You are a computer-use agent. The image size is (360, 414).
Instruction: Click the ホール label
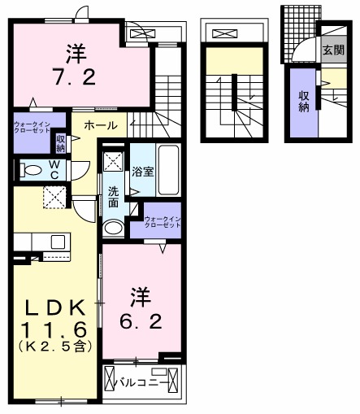click(x=100, y=125)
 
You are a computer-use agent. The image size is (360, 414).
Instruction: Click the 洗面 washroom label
click(x=114, y=196)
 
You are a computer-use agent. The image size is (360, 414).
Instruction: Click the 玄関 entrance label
click(x=334, y=50)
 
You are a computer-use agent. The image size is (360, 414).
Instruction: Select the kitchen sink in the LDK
click(x=57, y=242)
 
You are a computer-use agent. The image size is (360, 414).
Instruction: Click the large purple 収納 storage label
click(x=304, y=102)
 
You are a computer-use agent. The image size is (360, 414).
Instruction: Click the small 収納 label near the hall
click(x=61, y=142)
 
